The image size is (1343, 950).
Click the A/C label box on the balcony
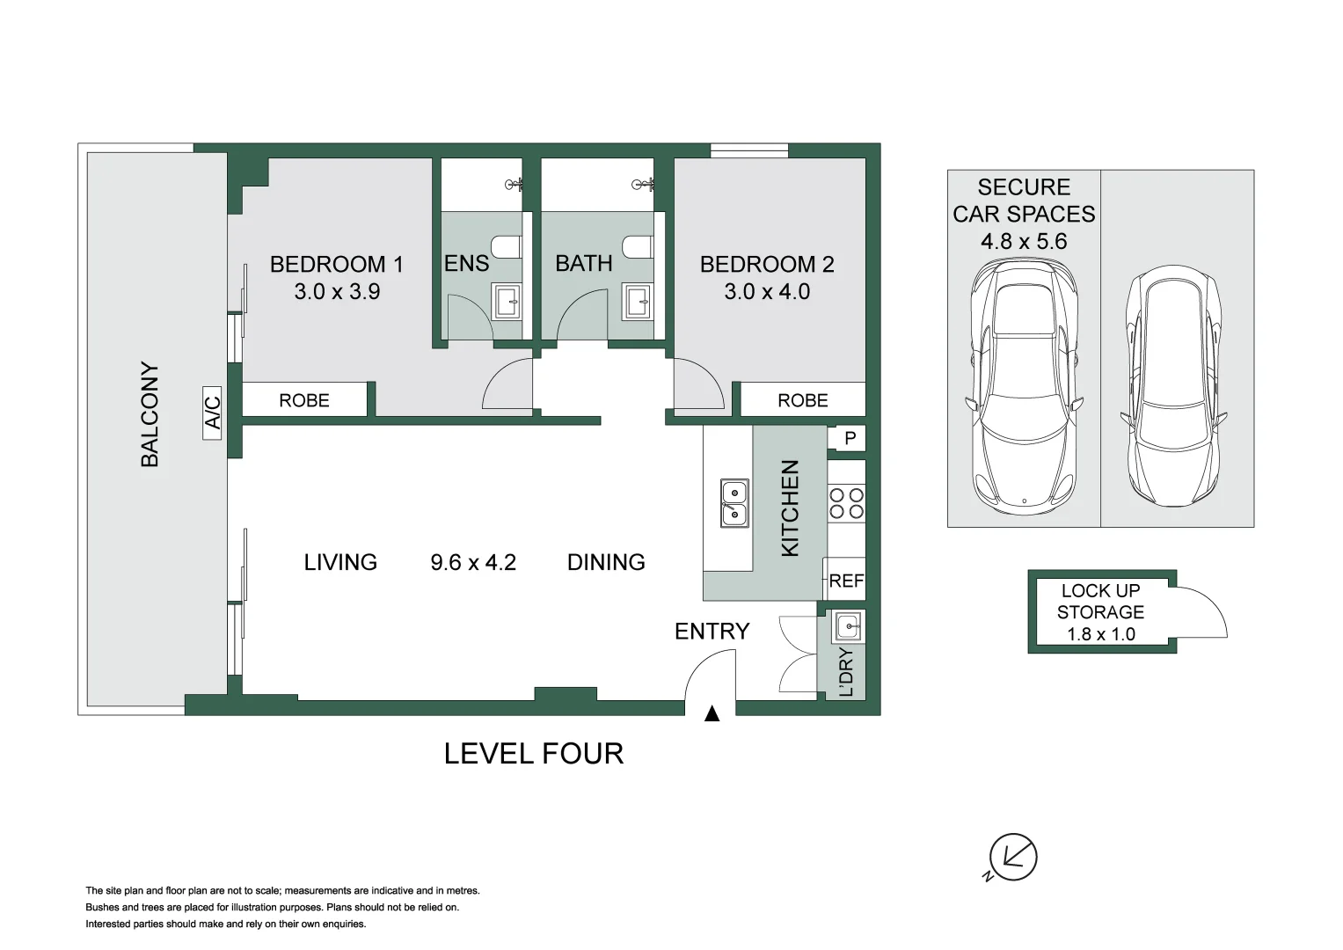(x=212, y=413)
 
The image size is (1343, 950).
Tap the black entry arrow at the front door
(x=712, y=713)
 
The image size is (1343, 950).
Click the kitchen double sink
(x=734, y=503)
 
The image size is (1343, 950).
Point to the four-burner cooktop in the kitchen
(x=846, y=504)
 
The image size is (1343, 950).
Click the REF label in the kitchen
(x=846, y=581)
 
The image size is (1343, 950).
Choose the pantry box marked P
(x=850, y=438)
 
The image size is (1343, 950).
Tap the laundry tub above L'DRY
(x=847, y=626)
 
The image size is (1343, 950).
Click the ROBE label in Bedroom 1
(x=304, y=400)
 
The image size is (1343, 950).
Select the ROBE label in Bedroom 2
(x=803, y=400)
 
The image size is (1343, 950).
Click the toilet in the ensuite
(x=506, y=246)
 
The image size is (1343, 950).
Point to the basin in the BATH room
(x=638, y=301)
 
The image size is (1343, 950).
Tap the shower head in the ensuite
(x=515, y=185)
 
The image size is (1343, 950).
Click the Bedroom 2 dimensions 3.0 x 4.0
(x=767, y=291)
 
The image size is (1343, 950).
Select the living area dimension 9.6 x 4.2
(x=473, y=562)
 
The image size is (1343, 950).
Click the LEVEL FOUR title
(x=534, y=754)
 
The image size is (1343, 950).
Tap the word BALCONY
(x=150, y=414)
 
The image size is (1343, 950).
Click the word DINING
(x=606, y=562)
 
